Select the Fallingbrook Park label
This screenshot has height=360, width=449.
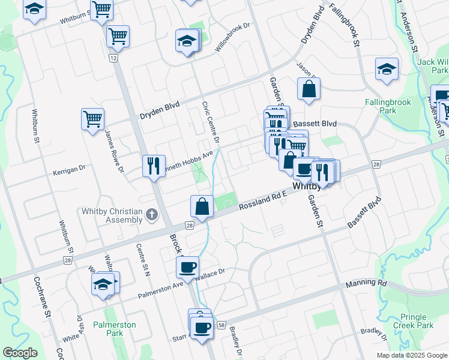click(388, 106)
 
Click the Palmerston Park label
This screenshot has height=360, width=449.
click(115, 329)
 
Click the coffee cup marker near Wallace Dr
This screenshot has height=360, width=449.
click(188, 267)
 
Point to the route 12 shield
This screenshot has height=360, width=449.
click(113, 58)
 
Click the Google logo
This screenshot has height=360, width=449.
click(20, 353)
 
